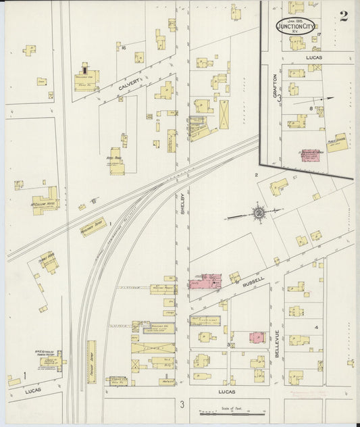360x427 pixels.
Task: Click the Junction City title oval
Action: [x=294, y=26]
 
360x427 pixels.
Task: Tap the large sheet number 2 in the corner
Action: [x=344, y=16]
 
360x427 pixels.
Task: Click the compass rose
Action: [x=259, y=213]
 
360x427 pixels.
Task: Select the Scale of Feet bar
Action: [x=230, y=411]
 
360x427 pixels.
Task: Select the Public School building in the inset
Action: [x=336, y=143]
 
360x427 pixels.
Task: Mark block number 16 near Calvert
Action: [x=124, y=47]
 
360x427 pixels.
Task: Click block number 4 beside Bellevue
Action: [x=315, y=328]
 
